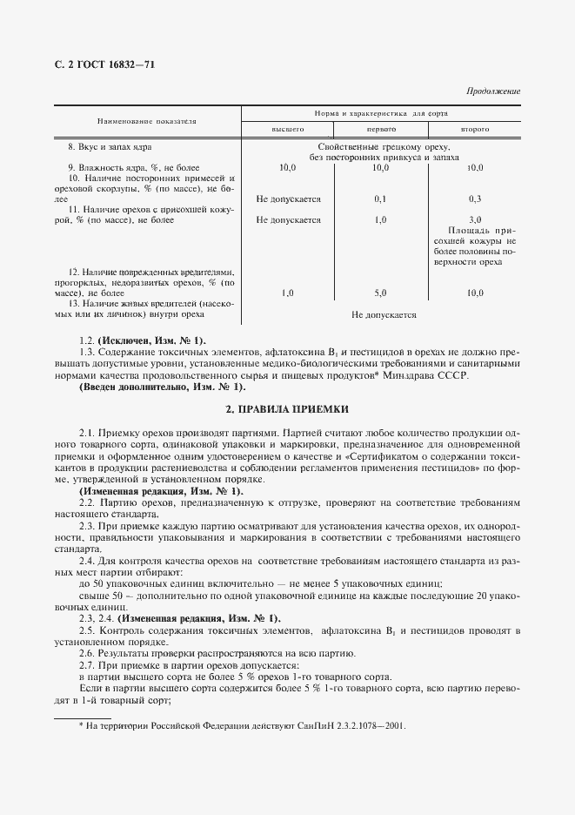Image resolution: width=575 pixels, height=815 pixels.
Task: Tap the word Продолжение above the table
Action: pos(492,91)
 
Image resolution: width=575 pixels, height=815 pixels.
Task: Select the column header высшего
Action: pos(288,129)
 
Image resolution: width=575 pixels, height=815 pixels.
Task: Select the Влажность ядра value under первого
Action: pos(380,166)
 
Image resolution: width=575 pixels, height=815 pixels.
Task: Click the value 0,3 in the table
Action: pos(475,199)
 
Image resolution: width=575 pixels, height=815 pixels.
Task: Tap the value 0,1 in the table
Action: pos(380,199)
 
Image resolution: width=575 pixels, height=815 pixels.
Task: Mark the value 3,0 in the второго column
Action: pos(475,219)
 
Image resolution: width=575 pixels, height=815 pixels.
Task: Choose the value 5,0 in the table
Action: pos(380,293)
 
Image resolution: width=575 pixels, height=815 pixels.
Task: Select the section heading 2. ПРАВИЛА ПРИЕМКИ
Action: pos(287,409)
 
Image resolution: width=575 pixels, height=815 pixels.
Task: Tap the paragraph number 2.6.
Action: pos(87,652)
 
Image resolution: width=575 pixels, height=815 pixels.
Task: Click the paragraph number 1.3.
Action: pos(86,352)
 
